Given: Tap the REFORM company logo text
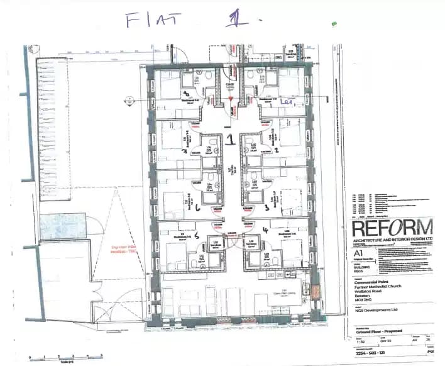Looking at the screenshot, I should click(x=392, y=228).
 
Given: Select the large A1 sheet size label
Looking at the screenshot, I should click(x=358, y=254).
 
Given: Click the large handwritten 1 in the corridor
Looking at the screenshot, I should click(x=231, y=138).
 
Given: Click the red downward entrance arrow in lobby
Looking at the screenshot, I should click(x=231, y=99).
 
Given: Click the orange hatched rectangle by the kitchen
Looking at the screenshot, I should click(x=315, y=293).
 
